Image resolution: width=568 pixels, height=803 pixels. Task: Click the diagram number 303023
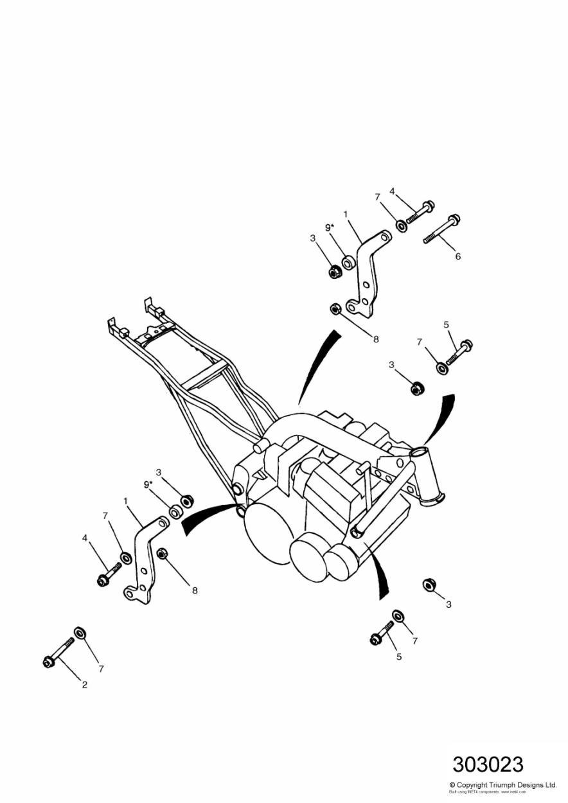pos(488,764)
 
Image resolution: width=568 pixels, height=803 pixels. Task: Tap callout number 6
pos(458,256)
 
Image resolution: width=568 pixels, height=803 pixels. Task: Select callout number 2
pos(84,685)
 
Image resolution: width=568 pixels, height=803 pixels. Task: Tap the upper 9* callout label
pos(329,227)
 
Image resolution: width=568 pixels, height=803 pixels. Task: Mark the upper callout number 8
pos(376,339)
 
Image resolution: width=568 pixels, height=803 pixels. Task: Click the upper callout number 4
pos(392,191)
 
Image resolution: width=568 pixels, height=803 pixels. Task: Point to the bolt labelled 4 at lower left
pos(109,574)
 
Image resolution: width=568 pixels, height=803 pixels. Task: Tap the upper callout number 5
pos(446,325)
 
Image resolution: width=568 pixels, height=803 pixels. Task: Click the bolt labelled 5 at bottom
pos(382,632)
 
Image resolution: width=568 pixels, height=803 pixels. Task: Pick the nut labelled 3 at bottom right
pos(429,584)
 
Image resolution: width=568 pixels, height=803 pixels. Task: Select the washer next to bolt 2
pos(80,633)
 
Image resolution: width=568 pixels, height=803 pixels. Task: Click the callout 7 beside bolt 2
pos(101,669)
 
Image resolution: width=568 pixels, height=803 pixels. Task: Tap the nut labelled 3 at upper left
pos(334,272)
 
